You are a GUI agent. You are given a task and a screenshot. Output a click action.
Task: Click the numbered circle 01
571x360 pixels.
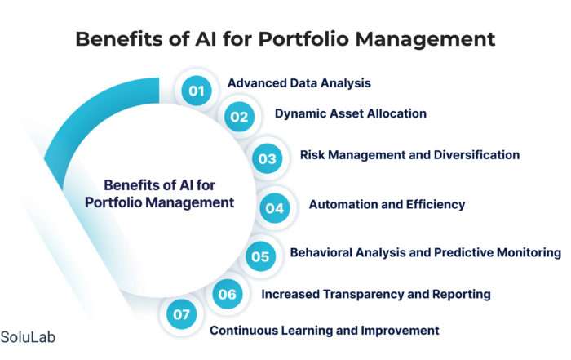(x=197, y=91)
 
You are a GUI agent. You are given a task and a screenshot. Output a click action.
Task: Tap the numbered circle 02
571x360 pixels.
(x=239, y=117)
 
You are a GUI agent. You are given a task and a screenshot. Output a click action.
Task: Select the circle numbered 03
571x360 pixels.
(x=268, y=158)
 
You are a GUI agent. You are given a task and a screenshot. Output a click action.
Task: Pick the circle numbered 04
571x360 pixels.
(x=275, y=208)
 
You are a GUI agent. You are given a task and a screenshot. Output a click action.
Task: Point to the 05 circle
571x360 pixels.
(x=260, y=256)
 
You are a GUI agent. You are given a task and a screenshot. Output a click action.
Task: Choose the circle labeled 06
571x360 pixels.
(x=228, y=294)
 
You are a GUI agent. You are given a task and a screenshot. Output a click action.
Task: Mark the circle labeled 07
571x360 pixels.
(x=181, y=314)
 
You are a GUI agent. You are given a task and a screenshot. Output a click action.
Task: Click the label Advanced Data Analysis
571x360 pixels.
(x=299, y=83)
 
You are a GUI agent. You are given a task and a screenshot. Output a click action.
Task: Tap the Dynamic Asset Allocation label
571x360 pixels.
(x=350, y=113)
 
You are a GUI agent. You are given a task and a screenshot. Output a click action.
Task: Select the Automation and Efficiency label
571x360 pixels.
(x=387, y=204)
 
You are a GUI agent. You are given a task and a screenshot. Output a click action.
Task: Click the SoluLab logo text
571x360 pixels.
(x=28, y=337)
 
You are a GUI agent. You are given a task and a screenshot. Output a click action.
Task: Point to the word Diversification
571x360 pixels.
(x=476, y=155)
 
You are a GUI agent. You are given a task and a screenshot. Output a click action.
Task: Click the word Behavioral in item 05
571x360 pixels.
(x=321, y=252)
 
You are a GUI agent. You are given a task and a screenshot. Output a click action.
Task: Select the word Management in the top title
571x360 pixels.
(x=425, y=39)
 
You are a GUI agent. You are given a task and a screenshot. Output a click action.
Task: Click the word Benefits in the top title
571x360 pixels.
(x=119, y=38)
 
